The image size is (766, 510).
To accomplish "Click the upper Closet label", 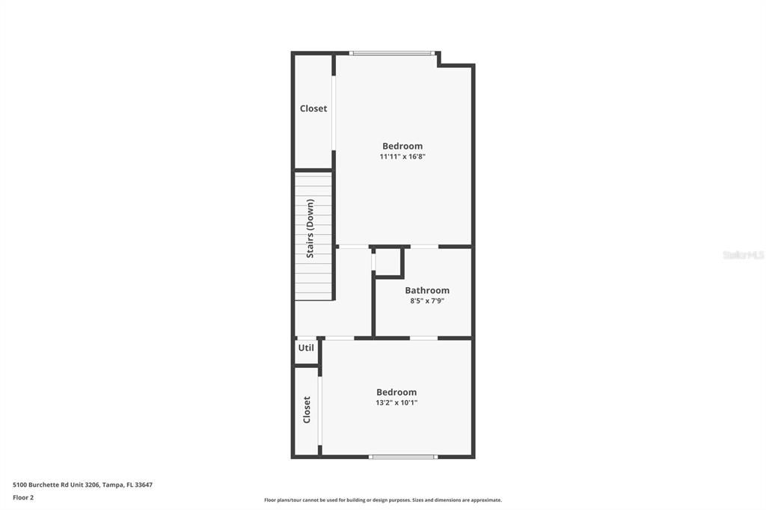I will tap(313, 108).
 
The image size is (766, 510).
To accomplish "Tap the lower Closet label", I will tap(307, 410).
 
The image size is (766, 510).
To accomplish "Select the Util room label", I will tap(306, 348).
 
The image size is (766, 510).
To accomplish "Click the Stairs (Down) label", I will tap(310, 229).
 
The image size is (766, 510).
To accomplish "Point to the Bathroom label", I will tap(427, 290).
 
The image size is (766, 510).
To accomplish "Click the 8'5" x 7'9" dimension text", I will tap(427, 301).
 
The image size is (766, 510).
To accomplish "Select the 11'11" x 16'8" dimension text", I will tap(402, 157).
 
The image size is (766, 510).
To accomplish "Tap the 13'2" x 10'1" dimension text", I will tap(396, 402).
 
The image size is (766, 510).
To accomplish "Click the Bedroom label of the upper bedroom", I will tap(402, 146).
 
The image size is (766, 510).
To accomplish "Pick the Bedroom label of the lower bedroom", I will tap(396, 392).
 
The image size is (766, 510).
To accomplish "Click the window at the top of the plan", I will tap(393, 53).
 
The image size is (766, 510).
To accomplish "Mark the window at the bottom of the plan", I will tap(403, 456).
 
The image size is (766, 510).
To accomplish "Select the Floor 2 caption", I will tap(23, 497).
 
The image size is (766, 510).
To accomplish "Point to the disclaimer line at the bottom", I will tap(383, 500).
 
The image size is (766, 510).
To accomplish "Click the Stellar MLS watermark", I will tap(743, 255).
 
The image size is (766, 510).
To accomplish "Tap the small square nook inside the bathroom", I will tap(387, 262).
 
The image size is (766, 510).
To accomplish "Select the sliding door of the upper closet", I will tap(334, 112).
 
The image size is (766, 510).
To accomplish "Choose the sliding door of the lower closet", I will tap(319, 411).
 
